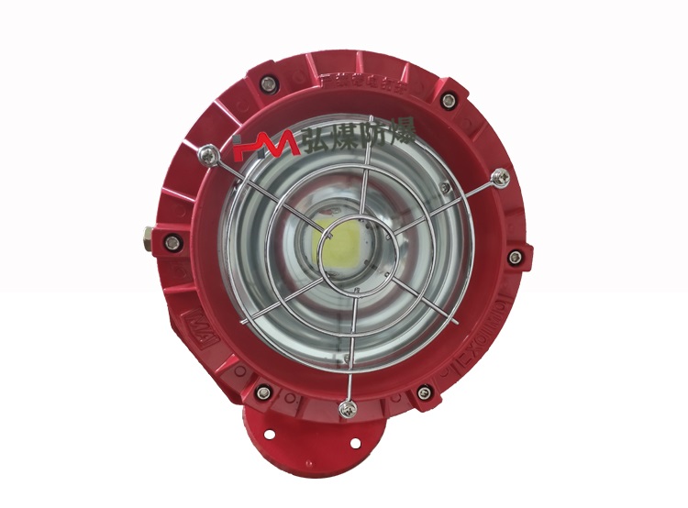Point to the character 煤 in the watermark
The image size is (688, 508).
pyautogui.click(x=347, y=140)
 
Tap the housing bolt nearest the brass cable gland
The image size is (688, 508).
pyautogui.click(x=169, y=242)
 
